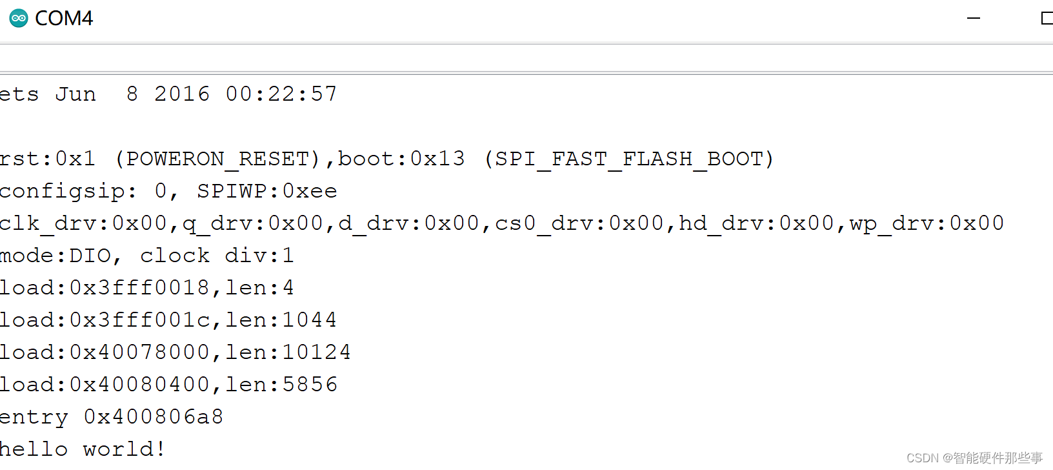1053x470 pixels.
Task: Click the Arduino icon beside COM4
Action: pos(19,18)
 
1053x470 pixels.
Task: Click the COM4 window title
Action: pos(64,18)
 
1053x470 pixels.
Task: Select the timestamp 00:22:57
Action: pos(281,94)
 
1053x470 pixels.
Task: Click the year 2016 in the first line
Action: pos(182,94)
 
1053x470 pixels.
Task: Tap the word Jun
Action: pos(75,94)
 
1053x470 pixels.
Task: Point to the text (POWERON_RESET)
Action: pos(217,159)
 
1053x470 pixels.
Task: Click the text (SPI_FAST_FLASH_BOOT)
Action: pos(629,159)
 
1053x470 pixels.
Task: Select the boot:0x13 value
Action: pos(401,159)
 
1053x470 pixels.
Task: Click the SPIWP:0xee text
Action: pos(267,191)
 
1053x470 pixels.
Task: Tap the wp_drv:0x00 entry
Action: pos(927,223)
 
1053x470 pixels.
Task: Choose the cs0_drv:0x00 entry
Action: pos(579,223)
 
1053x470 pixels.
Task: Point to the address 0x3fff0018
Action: pos(139,288)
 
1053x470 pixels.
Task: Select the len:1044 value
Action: pos(281,320)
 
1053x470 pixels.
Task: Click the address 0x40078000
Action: pos(139,352)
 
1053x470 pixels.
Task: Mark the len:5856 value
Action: pos(281,385)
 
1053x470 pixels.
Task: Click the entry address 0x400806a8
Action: pos(154,417)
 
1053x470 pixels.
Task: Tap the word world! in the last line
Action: pos(125,449)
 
